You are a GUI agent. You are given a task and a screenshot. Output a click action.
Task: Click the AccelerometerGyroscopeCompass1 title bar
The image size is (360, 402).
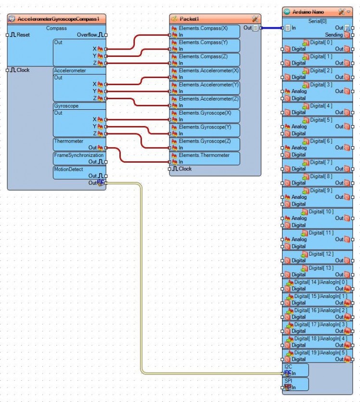click(x=58, y=19)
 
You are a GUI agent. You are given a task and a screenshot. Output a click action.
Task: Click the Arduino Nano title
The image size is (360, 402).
click(x=309, y=12)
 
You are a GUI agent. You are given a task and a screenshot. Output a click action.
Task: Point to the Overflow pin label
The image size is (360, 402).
click(x=87, y=35)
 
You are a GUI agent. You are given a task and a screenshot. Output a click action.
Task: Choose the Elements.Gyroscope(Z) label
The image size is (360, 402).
click(x=205, y=141)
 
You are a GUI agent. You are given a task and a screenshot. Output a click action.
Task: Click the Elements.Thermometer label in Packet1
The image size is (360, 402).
click(x=204, y=155)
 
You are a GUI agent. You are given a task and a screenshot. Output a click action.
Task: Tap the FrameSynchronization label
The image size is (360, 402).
click(x=78, y=155)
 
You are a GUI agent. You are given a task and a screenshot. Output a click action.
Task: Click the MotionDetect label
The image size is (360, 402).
click(x=69, y=169)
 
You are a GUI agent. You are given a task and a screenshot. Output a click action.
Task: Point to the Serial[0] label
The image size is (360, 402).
click(x=317, y=21)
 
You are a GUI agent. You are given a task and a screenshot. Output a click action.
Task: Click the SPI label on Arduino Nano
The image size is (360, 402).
click(x=288, y=380)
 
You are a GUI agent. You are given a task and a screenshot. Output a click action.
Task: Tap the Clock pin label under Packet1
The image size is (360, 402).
click(x=185, y=169)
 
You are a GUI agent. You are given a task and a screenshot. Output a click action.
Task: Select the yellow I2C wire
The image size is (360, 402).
click(x=141, y=279)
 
